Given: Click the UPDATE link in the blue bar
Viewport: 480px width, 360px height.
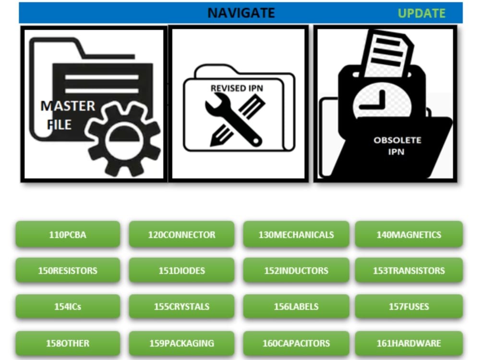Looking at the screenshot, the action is point(421,13).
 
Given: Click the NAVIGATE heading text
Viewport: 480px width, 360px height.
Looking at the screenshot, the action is point(241,13).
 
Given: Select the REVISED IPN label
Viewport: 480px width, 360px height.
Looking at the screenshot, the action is point(237,88).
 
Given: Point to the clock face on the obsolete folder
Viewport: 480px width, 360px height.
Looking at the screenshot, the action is point(382,103).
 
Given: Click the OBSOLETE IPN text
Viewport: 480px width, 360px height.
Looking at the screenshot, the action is point(397,146).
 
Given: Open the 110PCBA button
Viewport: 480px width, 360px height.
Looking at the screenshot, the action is point(68,234).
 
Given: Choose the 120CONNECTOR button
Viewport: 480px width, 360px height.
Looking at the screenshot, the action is point(181,234).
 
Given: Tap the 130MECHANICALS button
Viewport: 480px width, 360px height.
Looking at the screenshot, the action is point(296,234).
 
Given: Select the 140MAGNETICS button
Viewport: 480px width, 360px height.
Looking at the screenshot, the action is point(408,234).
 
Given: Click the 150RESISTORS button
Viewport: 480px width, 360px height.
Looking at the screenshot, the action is point(68,270).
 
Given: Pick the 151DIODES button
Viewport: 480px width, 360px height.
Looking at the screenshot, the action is point(181,270).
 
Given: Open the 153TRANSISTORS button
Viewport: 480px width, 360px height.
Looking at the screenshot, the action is point(408,270).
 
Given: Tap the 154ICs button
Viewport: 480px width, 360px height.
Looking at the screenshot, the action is point(68,306).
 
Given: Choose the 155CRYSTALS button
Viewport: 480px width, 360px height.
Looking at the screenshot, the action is point(181,306).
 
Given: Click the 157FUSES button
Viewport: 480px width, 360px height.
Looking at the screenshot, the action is point(408,306).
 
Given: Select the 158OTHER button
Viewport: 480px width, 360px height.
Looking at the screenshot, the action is point(68,343).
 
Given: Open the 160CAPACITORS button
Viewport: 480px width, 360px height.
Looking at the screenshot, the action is point(296,343).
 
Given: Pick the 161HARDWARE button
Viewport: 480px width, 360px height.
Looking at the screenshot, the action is point(408,343).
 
